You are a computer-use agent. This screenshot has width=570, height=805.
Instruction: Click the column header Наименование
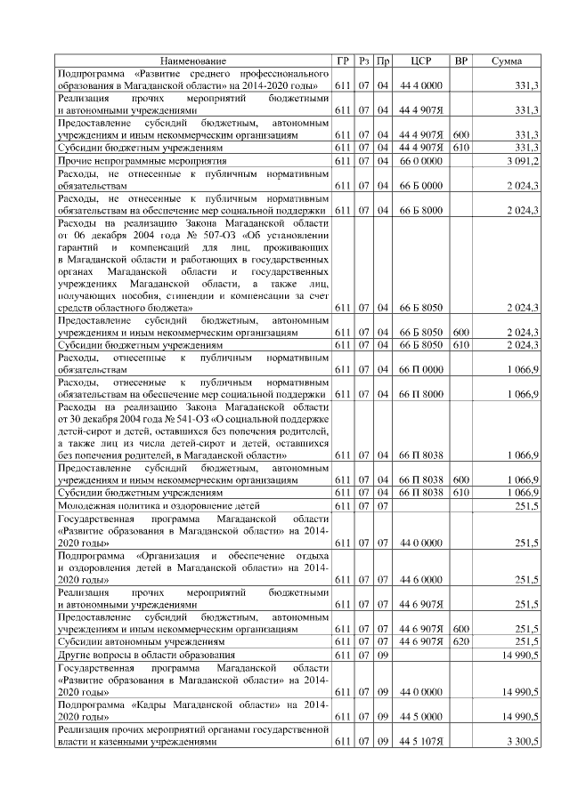[x=193, y=60]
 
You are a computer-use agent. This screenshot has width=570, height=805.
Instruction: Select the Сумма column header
[x=507, y=60]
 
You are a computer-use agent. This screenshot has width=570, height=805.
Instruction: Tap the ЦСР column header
[x=420, y=60]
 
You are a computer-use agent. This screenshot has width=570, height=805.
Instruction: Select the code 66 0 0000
[x=420, y=160]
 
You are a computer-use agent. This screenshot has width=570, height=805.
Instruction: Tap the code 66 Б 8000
[x=420, y=210]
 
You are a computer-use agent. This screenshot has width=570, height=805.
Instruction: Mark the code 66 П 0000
[x=420, y=367]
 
